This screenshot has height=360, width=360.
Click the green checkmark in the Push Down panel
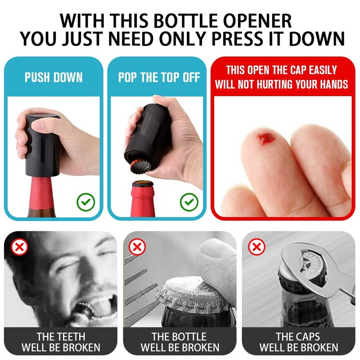[85, 202]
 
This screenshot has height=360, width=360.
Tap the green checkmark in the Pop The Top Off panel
[189, 202]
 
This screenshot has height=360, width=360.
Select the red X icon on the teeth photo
[19, 247]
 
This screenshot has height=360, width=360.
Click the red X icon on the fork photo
[137, 247]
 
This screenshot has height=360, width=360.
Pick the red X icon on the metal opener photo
[256, 247]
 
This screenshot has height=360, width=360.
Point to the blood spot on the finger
[266, 139]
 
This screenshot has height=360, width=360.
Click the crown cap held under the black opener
[140, 166]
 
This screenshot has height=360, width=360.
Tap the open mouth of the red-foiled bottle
[143, 184]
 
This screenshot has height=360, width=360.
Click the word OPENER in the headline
[257, 21]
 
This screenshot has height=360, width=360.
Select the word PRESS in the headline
[237, 39]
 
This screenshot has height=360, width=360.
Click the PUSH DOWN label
[54, 77]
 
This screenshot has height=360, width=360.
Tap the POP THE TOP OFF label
[159, 77]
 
